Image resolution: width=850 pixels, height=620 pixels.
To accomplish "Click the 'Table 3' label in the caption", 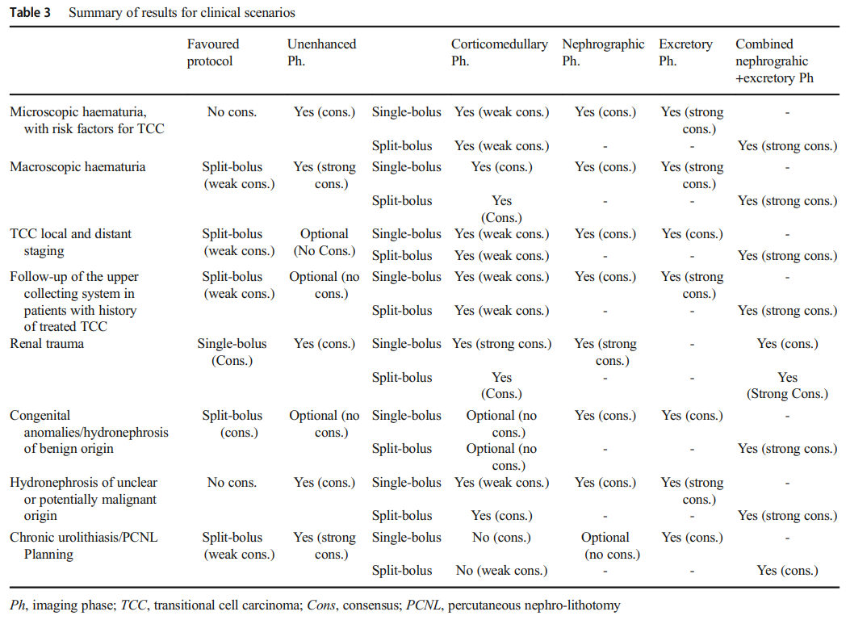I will tap(30, 13).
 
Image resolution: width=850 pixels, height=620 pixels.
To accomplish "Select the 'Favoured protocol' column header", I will tap(213, 52).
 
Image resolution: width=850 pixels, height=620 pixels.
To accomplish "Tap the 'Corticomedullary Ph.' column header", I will tap(499, 52).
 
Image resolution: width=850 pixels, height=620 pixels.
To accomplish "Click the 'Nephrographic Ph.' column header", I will tap(603, 52).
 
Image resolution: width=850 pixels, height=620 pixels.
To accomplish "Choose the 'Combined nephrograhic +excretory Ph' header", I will tap(774, 61).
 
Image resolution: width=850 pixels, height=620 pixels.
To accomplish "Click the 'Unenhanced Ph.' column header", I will tap(321, 52).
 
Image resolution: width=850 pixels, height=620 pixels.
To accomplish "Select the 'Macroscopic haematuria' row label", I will tap(77, 167).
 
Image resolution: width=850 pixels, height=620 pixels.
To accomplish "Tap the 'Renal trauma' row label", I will tap(47, 344).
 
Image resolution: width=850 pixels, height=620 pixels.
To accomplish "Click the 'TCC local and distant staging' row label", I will tap(70, 242).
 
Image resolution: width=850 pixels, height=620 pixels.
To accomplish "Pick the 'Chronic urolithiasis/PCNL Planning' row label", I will tap(83, 546).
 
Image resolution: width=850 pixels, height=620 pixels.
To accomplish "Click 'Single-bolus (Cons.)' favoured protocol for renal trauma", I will tap(232, 352).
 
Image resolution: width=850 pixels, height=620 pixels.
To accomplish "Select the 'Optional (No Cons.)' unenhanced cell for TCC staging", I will tap(324, 242).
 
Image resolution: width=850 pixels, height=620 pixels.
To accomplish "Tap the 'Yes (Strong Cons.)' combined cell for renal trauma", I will tap(787, 385).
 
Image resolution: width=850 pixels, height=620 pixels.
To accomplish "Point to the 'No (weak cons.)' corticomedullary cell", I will tap(501, 571).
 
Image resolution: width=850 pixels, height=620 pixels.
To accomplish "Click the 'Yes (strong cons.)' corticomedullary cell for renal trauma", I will tap(501, 344).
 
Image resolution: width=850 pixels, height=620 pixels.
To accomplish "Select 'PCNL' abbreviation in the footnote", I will tap(423, 605).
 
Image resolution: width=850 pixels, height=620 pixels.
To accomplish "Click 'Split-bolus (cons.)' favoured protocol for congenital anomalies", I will tap(232, 424).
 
